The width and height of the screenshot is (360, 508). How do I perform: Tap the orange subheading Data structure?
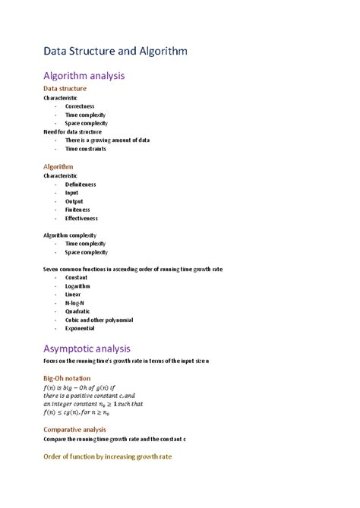[65, 89]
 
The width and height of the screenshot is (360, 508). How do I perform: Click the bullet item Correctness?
[80, 106]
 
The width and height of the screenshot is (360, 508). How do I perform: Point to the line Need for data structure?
[72, 131]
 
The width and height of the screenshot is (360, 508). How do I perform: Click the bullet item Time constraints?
[85, 149]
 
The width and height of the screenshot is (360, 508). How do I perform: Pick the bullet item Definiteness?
[81, 184]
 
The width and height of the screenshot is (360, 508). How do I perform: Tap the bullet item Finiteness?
[77, 210]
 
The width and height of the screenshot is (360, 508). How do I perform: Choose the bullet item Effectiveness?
[81, 218]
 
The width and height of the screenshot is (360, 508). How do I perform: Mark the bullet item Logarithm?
[77, 286]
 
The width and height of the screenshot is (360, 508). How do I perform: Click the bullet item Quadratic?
[77, 311]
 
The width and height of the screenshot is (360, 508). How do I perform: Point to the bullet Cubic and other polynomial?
[99, 320]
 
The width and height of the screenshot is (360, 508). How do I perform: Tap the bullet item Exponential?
[80, 329]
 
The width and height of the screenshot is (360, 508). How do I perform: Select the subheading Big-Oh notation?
[67, 378]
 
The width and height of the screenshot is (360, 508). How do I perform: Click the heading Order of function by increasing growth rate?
[108, 458]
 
